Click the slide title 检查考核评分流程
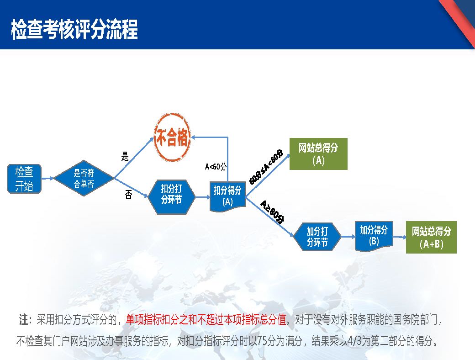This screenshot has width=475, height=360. tap(74, 29)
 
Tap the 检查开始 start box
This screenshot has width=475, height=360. tap(24, 179)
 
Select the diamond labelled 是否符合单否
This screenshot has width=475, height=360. tap(84, 178)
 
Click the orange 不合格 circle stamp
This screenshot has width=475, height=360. tap(172, 138)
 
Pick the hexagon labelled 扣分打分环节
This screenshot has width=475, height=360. tap(171, 197)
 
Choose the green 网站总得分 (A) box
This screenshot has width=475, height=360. tap(318, 154)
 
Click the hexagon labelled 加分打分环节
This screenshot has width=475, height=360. tap(317, 237)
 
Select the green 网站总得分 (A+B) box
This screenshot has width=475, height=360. tap(431, 237)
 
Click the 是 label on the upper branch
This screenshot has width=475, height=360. tap(125, 156)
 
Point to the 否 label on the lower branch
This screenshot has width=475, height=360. tap(128, 195)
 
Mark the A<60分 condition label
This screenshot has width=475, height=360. tap(216, 166)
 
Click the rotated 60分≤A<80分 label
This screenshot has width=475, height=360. tap(266, 167)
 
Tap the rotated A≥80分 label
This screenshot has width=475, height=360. tap(272, 212)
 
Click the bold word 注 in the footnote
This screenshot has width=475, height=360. tap(24, 320)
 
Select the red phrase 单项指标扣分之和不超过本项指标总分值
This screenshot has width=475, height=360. tap(206, 320)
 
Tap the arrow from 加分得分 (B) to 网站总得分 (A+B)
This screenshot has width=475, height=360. tap(400, 237)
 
